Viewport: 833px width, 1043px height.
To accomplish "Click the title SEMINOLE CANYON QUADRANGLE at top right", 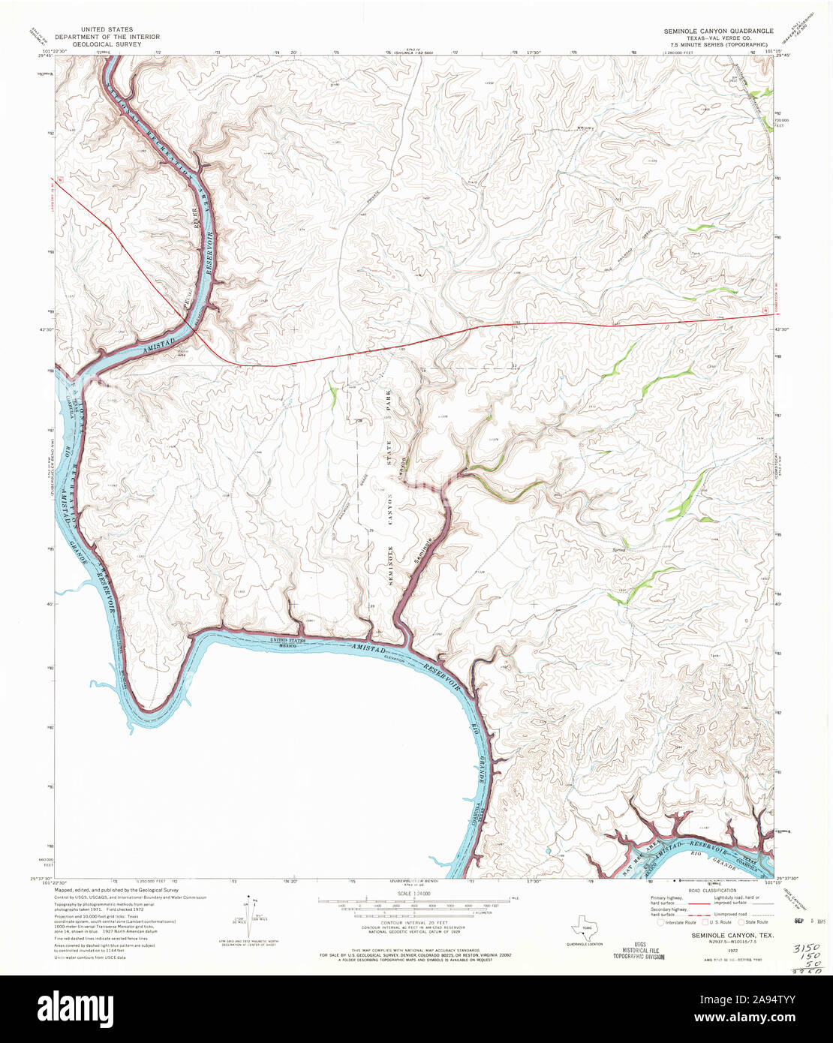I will coord(716,32).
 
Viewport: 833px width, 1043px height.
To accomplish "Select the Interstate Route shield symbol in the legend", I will coord(661,922).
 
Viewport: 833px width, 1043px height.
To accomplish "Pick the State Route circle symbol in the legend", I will coord(741,922).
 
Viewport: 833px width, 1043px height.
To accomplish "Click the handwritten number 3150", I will coord(805,949).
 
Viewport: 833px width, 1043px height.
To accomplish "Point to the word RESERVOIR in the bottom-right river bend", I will coord(708,852).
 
